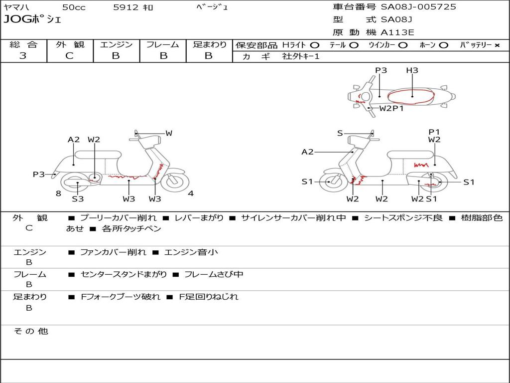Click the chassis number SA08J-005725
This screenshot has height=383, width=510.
point(418,7)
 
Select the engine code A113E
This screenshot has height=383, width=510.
point(397,32)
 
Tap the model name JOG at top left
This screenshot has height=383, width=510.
point(17,19)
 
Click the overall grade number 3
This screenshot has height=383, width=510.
point(23,56)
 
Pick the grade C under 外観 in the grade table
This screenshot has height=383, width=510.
point(69,56)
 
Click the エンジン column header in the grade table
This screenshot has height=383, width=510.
point(116,44)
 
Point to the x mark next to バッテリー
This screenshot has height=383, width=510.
point(497,45)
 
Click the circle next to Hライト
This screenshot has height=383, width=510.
point(315,45)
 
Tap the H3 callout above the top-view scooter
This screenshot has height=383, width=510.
point(412,70)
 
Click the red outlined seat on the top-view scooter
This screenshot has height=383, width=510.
point(411,96)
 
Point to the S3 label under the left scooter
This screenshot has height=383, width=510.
point(78,198)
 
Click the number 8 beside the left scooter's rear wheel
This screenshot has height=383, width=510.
point(58,193)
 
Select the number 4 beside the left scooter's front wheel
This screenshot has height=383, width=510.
point(191,193)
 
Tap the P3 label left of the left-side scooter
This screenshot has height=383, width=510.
point(39,174)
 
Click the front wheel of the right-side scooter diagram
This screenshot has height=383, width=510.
point(333,182)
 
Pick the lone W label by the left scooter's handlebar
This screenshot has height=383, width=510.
point(169,133)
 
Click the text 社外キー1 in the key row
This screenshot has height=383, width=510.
point(301,56)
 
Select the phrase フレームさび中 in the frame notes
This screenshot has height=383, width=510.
point(214,275)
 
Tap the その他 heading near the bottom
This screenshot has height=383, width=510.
point(31,331)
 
